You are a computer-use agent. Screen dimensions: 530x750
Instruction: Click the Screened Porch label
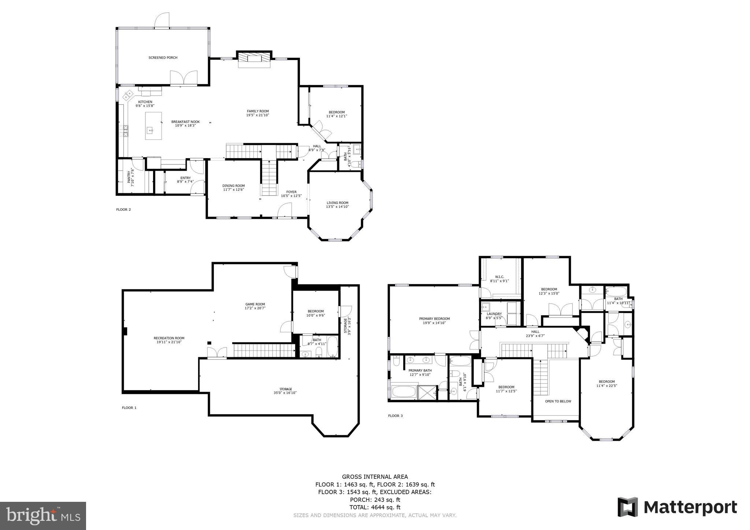163,57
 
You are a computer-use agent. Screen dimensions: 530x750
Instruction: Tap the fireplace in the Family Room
254,59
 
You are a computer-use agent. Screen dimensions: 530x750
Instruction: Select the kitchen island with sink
153,126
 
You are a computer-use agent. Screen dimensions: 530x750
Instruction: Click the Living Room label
337,203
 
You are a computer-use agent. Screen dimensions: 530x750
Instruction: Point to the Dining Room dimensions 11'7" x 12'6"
234,190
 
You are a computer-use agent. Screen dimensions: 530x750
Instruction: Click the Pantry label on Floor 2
129,177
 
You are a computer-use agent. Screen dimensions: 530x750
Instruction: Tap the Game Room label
255,304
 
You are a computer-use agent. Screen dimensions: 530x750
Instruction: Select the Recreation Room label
169,338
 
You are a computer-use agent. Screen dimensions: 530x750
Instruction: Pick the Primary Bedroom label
434,319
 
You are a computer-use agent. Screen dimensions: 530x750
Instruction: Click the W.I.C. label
500,276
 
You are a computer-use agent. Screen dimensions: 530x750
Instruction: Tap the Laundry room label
494,314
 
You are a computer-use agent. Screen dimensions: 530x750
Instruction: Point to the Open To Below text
558,401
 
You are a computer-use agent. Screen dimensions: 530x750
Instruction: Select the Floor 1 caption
129,407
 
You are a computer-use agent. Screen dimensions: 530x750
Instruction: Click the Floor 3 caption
395,416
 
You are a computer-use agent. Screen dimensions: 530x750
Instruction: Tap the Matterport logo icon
627,507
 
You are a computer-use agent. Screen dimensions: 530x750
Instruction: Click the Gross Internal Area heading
375,477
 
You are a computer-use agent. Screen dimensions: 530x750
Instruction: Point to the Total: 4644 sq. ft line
375,507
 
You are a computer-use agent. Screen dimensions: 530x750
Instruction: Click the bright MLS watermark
43,516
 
